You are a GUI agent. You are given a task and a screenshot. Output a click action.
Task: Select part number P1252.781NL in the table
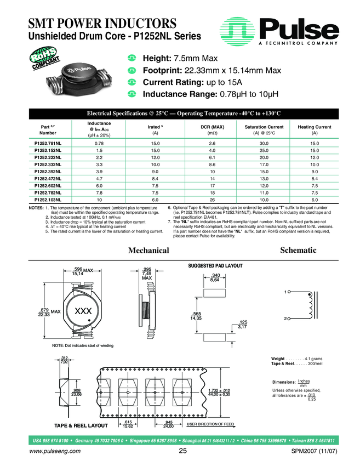tap(48, 143)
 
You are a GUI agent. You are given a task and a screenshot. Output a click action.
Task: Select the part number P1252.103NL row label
tap(48, 201)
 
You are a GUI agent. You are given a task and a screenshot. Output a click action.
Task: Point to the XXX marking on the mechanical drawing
tap(82, 311)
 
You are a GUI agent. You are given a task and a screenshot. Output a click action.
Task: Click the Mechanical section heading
tap(148, 251)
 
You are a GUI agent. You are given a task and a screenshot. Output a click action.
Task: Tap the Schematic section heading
tap(298, 250)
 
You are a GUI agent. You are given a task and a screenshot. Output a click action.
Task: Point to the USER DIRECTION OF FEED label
tap(210, 424)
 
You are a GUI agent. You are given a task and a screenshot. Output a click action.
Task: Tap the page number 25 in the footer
tap(182, 451)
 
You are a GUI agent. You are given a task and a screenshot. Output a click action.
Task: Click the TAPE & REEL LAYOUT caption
tap(81, 425)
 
